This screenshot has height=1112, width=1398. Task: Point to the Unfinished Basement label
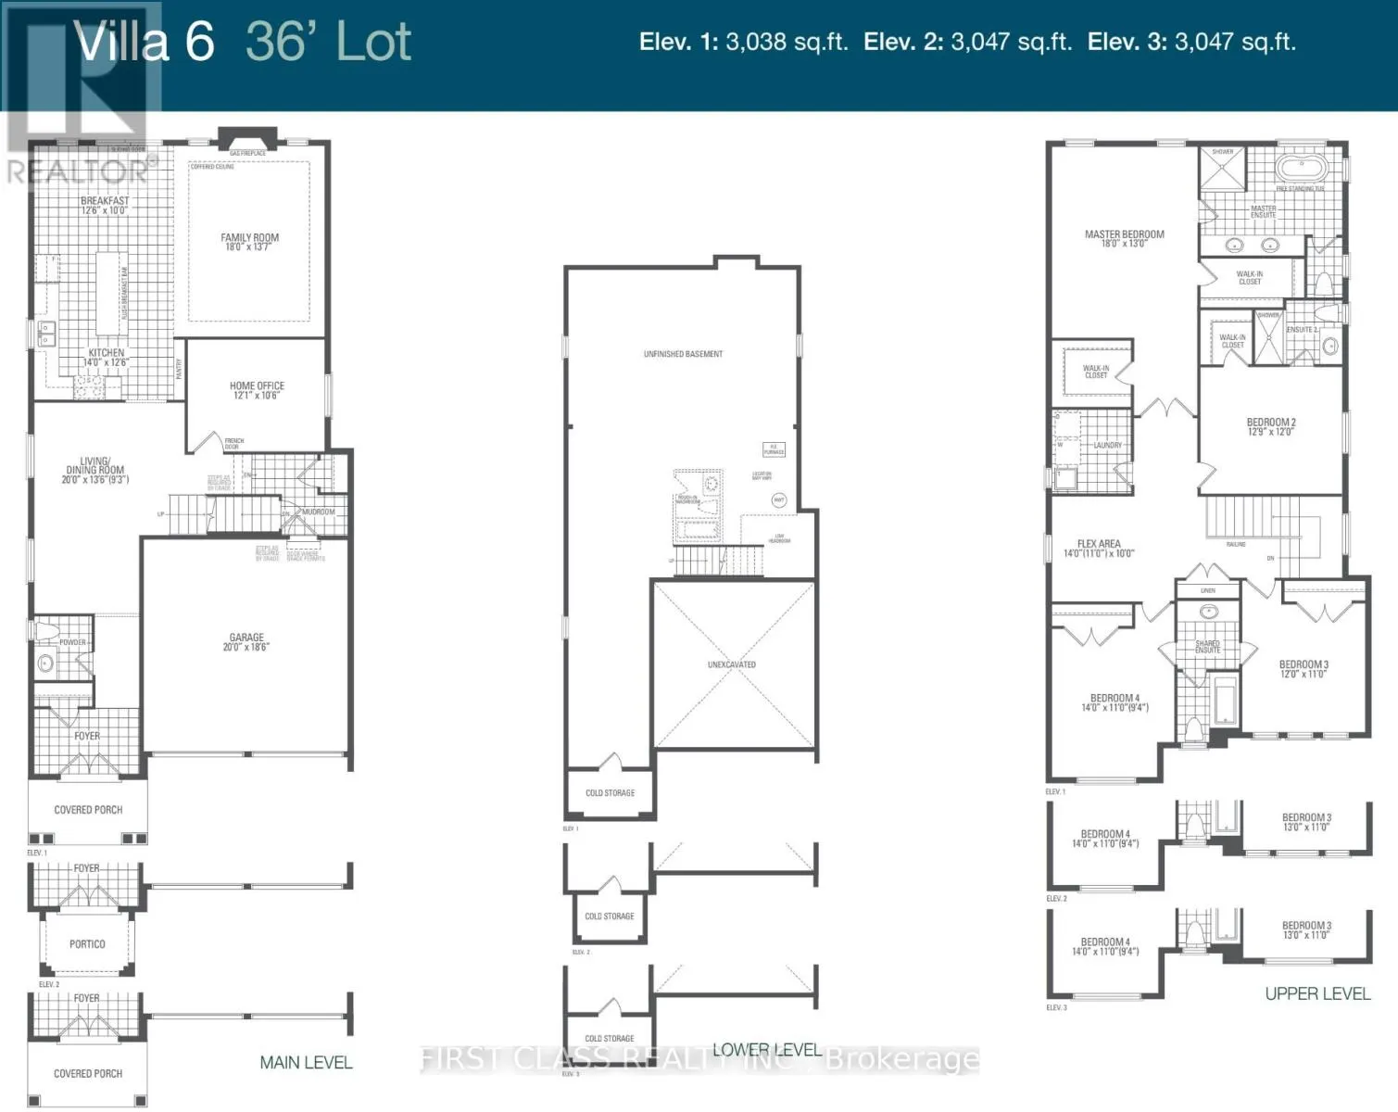683,354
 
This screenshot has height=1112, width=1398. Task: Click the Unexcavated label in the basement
732,664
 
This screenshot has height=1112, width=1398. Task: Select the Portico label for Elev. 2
87,944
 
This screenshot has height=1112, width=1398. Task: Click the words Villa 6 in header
145,43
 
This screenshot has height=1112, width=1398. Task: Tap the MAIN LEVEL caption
306,1063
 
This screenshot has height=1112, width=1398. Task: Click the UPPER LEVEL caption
1316,993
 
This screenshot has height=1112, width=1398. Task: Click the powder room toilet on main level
44,632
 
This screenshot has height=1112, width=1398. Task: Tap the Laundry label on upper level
1107,445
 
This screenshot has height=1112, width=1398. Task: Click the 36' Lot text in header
328,43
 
